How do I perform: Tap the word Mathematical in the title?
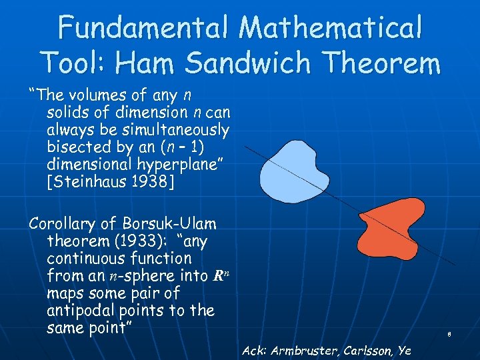click(x=331, y=28)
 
